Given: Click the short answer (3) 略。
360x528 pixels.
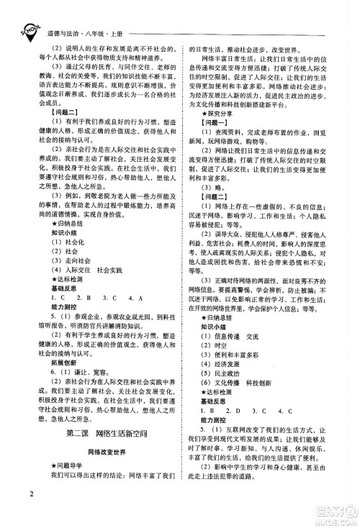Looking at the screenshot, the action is pyautogui.click(x=211, y=186).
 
